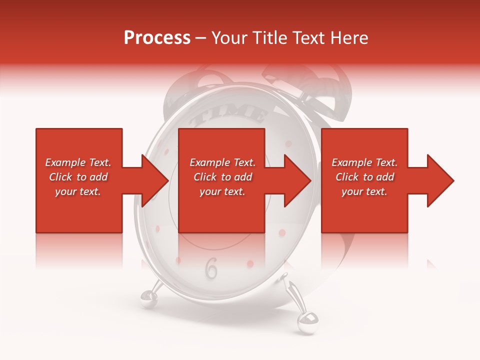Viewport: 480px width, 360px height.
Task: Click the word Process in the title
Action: coord(157,38)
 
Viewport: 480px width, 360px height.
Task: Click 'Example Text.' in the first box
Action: coord(78,162)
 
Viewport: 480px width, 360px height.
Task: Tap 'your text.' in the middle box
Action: coord(222,191)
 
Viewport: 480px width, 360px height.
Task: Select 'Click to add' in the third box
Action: coord(364,177)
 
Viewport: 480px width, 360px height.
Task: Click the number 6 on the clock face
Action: coord(212,270)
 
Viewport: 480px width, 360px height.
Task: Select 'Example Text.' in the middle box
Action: coord(222,162)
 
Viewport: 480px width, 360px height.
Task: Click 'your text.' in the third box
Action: coord(364,191)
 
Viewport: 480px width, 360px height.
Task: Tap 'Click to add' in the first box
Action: coord(78,177)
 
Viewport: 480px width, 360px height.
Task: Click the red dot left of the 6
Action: coord(178,260)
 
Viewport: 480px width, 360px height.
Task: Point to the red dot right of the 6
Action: coord(250,263)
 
